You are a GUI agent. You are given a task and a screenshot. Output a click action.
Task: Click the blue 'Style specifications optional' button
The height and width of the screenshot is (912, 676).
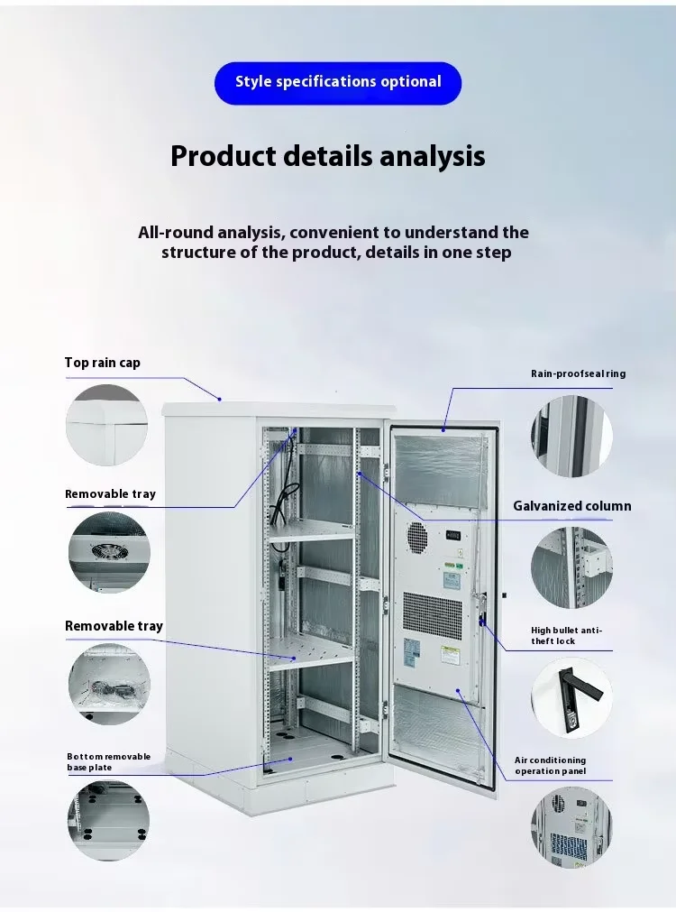[338, 83]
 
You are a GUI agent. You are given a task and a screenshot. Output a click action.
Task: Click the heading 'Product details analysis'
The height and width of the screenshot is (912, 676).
[328, 156]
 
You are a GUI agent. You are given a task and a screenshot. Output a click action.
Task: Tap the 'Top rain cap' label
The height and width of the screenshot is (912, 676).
[102, 363]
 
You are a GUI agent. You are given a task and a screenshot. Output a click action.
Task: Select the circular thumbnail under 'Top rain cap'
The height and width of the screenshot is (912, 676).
[106, 425]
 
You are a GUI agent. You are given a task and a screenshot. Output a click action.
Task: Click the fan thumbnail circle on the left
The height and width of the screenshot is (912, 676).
[109, 552]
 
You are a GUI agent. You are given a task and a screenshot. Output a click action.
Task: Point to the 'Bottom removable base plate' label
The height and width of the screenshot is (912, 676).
[109, 762]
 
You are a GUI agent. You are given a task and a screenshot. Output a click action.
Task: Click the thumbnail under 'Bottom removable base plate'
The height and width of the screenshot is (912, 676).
[108, 821]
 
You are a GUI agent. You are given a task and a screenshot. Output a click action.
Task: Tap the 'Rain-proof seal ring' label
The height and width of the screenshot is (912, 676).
[579, 373]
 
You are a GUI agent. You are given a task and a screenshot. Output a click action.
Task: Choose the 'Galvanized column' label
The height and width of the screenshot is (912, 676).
[572, 506]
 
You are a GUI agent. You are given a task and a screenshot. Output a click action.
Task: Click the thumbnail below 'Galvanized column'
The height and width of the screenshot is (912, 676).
[571, 567]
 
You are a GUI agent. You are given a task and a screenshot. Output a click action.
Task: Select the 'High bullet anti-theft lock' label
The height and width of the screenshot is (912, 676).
[567, 636]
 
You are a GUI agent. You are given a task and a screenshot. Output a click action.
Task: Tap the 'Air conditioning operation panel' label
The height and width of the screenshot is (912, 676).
[551, 766]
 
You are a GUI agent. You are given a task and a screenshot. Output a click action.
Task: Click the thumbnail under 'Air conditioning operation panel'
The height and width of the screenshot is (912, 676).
[571, 827]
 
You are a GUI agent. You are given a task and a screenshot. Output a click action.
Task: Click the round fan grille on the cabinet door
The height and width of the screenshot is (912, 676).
[416, 536]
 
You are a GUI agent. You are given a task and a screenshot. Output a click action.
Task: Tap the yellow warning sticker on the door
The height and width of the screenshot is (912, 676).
[450, 656]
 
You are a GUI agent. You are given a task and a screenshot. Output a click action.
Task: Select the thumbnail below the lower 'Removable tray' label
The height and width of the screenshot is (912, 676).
[109, 684]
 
